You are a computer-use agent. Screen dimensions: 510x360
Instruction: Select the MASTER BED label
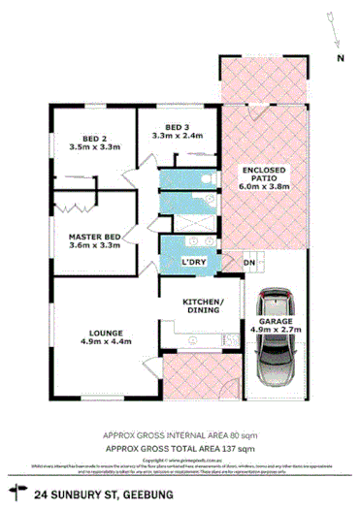94,236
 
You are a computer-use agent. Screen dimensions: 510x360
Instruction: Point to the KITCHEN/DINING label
204,305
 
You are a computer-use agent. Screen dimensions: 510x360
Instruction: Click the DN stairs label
249,263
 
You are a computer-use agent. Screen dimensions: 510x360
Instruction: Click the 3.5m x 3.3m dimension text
94,147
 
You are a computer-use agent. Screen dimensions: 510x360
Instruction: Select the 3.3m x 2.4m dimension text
176,137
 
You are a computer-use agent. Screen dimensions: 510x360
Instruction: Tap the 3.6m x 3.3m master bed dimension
94,246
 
